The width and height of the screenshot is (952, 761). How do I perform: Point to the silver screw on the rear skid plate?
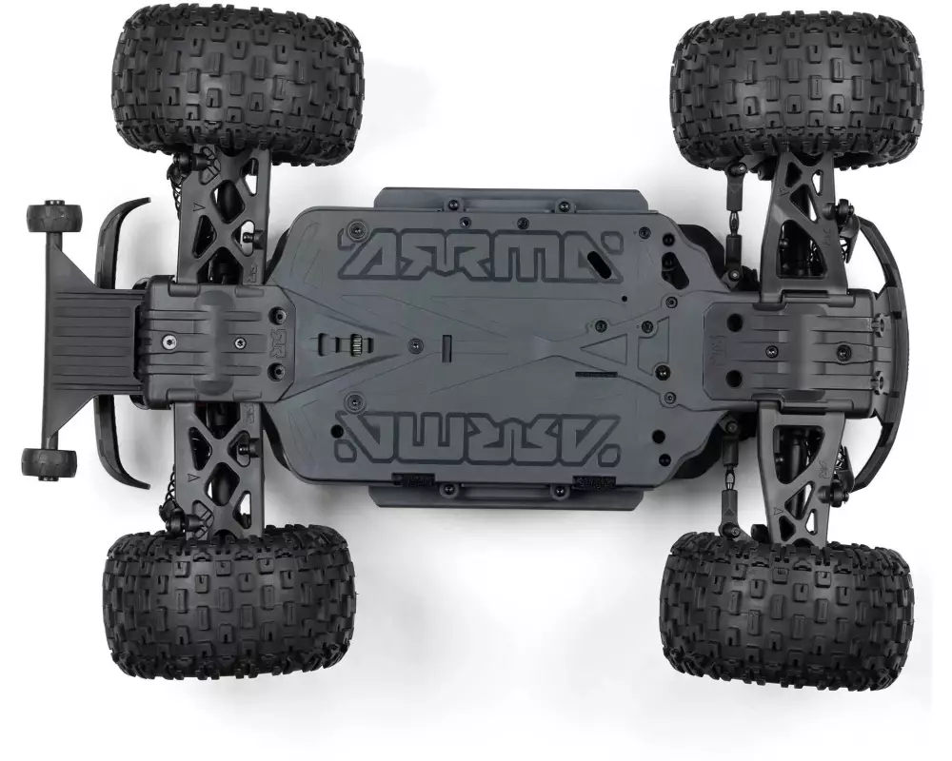pyautogui.click(x=167, y=342)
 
